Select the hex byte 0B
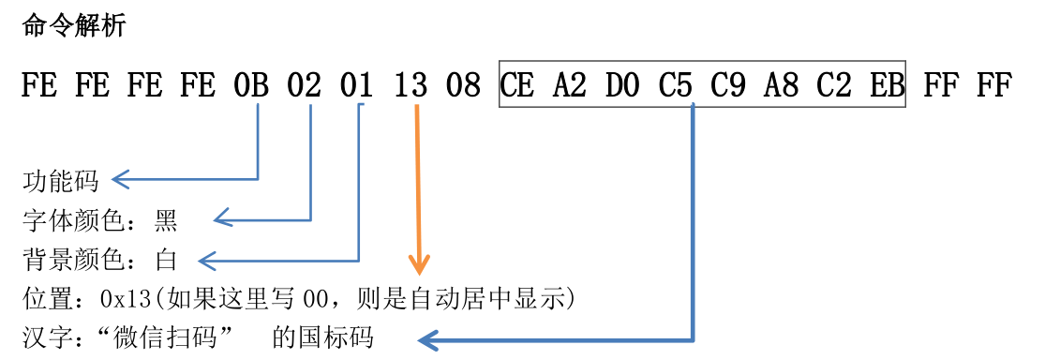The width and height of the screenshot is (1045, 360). pos(251,86)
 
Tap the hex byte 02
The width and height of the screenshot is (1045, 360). pos(305,86)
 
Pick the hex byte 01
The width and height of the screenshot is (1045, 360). pos(358,86)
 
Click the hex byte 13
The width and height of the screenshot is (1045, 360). pos(411,86)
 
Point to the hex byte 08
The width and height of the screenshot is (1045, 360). pos(464,86)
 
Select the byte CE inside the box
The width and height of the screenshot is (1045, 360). pos(517,86)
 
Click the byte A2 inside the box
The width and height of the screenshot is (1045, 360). pos(570,86)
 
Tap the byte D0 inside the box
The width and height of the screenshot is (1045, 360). pos(623,86)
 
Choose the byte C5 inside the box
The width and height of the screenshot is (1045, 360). pos(676,86)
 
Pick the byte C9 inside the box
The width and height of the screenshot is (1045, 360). pos(729,86)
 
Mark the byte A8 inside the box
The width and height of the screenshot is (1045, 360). pos(783,86)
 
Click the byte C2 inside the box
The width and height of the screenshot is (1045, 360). pos(835,86)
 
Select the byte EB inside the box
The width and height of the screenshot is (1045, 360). pos(886,86)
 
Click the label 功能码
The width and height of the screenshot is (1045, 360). pos(60,180)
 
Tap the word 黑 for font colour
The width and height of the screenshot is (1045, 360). pos(166,221)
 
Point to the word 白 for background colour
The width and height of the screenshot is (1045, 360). pos(166,260)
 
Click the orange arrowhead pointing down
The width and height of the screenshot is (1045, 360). pos(419,264)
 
